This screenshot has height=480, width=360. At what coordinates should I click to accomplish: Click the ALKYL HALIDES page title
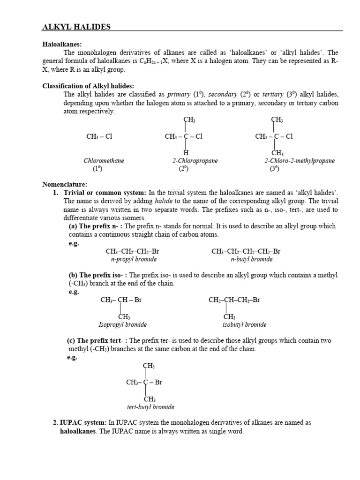point(76,27)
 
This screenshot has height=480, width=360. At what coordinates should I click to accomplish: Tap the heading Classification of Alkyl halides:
point(88,86)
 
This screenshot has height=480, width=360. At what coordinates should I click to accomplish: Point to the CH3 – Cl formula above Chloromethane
point(99,137)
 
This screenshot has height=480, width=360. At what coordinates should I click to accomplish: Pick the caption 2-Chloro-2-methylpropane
point(300,161)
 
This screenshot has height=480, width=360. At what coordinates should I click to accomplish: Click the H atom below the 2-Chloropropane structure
point(186,153)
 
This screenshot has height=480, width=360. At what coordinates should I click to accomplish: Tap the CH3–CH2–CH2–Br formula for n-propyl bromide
point(134,252)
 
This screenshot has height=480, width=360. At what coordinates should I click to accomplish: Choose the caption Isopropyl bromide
point(122,324)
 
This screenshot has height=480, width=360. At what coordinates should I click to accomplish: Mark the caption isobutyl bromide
point(244,324)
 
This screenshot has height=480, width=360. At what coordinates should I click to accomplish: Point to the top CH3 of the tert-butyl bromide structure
point(149,366)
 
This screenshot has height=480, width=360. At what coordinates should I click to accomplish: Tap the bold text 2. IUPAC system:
point(79,423)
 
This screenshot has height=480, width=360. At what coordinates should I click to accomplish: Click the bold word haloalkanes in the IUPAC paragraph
point(77,431)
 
